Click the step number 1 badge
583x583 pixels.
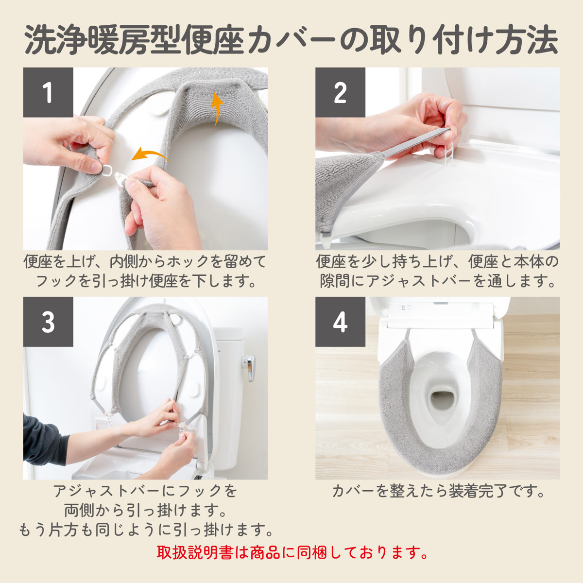click(x=48, y=92)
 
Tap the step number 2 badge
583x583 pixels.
click(x=341, y=92)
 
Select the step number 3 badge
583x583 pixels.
click(x=48, y=322)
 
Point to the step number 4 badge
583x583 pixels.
click(x=341, y=322)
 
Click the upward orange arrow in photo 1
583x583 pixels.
click(x=217, y=109)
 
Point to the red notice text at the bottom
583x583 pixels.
click(x=292, y=552)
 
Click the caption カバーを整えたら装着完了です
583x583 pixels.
click(x=438, y=491)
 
